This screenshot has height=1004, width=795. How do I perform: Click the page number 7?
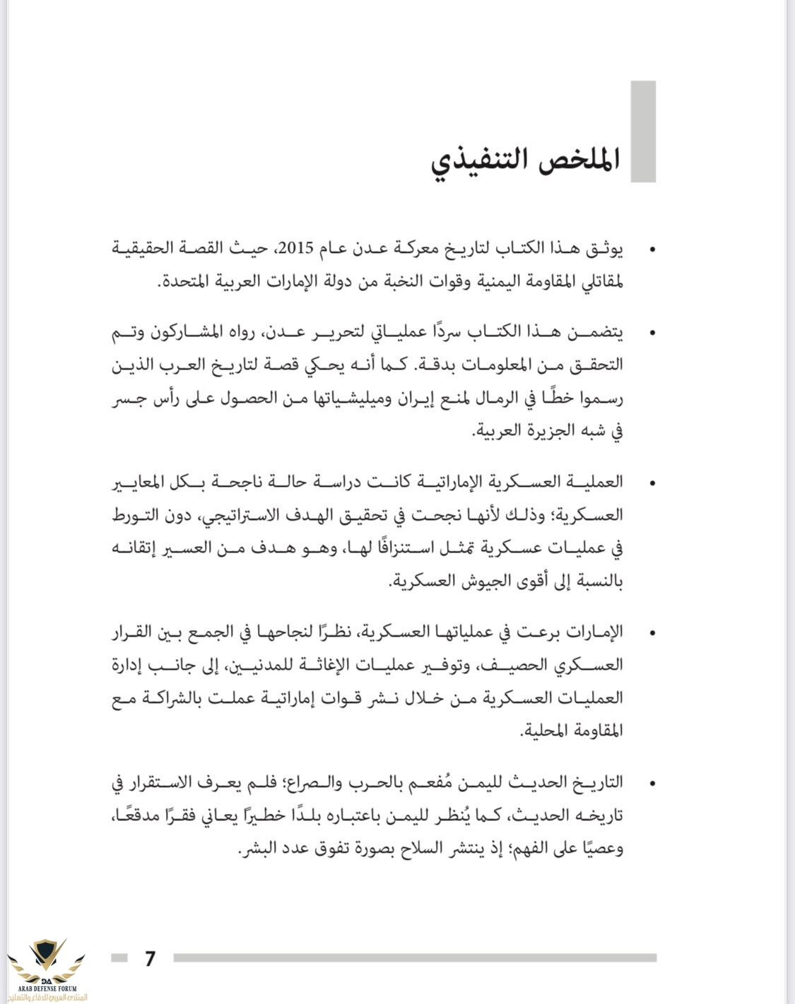click(x=150, y=958)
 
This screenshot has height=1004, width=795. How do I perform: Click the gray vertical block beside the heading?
click(x=643, y=131)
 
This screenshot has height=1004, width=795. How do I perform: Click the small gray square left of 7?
click(x=119, y=958)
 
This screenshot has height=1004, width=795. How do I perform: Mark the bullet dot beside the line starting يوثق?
click(x=652, y=249)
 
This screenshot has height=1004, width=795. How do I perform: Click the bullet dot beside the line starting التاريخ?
click(x=652, y=783)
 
